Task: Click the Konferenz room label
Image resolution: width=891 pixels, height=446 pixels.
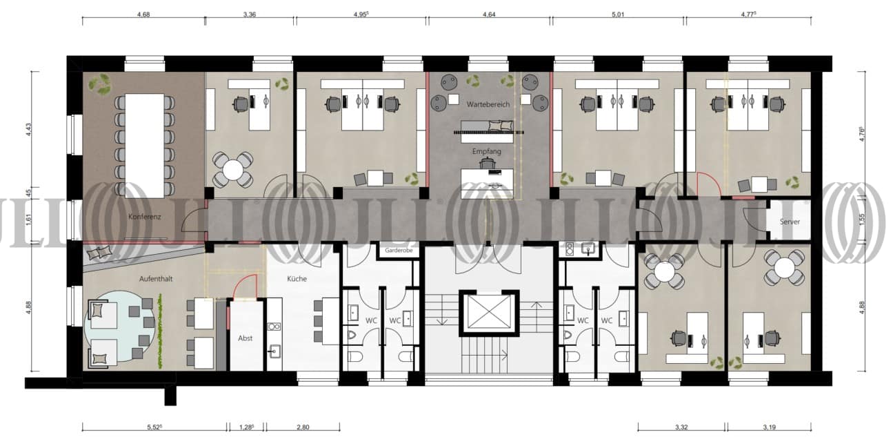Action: tap(144, 217)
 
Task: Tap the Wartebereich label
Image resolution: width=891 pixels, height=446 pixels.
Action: tap(488, 104)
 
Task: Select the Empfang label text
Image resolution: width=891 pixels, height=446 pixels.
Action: tap(486, 151)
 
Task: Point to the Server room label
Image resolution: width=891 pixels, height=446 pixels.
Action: tap(790, 222)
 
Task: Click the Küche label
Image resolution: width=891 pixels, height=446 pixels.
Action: tap(297, 279)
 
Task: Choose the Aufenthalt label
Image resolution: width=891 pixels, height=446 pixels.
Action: tap(156, 279)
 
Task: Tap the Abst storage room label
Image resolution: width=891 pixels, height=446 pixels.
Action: tap(245, 338)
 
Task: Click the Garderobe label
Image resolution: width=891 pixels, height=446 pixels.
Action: tap(399, 251)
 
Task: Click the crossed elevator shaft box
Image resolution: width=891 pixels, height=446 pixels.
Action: tap(489, 313)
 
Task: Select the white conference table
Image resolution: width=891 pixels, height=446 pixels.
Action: tap(144, 146)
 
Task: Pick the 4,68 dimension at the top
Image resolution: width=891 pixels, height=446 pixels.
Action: tap(143, 14)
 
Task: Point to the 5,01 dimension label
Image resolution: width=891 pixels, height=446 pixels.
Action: tap(618, 14)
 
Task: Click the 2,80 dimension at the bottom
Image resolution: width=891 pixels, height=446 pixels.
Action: tap(303, 427)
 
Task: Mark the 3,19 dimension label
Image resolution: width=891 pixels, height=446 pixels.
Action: tap(770, 427)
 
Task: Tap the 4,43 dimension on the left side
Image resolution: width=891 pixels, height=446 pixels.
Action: tap(28, 129)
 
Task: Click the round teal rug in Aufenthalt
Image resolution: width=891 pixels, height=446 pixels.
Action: tap(119, 326)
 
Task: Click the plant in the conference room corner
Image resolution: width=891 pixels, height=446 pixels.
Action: tap(99, 84)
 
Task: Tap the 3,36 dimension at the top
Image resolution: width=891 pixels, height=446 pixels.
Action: tap(250, 14)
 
